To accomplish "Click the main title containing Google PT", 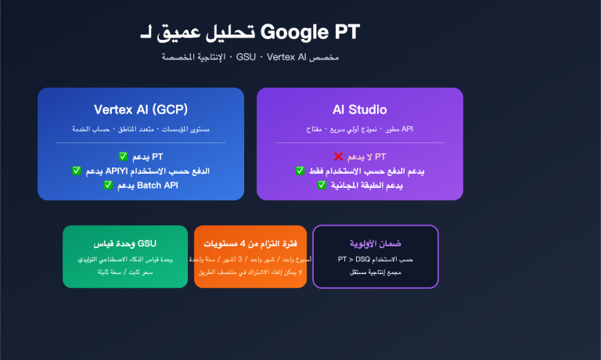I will click(249, 32).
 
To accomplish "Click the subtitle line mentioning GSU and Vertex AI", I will click(250, 58).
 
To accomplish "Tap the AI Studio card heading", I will click(359, 109).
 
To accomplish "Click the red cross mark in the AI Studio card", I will click(338, 157).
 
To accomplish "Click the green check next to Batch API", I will click(108, 185).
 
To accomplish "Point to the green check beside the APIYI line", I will click(76, 171).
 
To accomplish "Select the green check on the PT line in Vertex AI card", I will click(123, 157).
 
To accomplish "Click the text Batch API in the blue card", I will click(159, 185).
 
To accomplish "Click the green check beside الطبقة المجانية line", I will click(322, 185).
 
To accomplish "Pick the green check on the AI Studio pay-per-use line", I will click(300, 171).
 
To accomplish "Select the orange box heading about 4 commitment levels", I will click(250, 243).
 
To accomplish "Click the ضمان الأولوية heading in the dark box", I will click(375, 243).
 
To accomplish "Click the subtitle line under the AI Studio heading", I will click(359, 128).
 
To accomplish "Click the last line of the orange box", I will click(250, 272).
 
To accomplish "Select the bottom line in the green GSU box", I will click(125, 272).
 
